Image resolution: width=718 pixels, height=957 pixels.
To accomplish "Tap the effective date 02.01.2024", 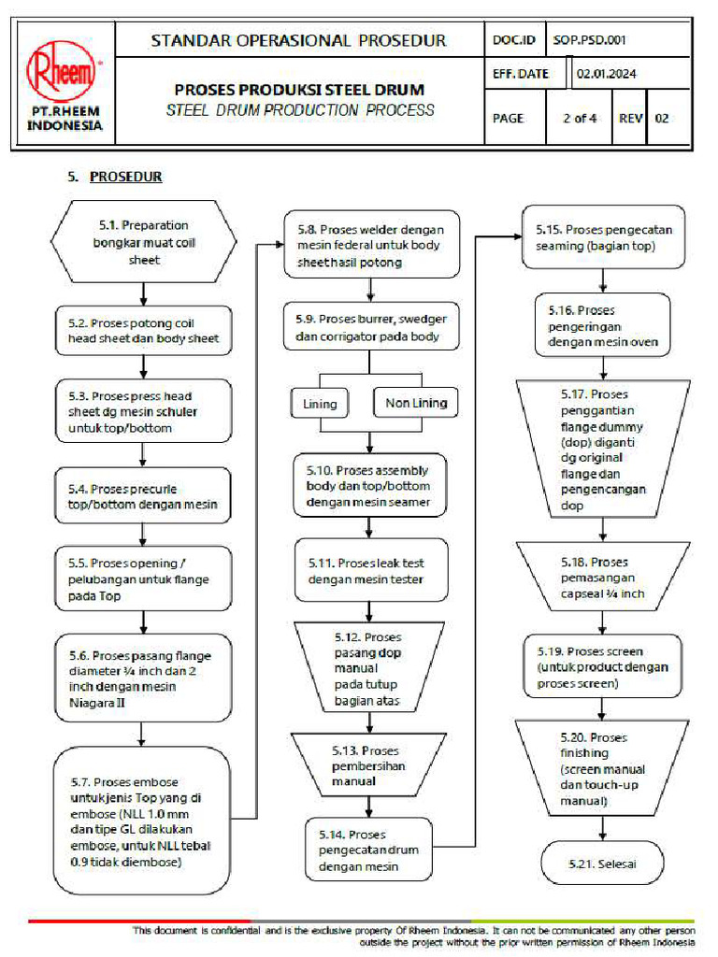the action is [x=606, y=74].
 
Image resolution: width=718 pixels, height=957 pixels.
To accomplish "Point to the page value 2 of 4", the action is [x=579, y=119].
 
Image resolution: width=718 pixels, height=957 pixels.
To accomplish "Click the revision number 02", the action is [x=662, y=119].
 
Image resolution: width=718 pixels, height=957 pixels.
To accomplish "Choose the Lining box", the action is [x=320, y=405].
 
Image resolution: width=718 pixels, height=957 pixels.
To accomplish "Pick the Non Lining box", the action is [x=416, y=404].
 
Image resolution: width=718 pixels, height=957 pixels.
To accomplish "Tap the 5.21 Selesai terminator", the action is [x=602, y=864].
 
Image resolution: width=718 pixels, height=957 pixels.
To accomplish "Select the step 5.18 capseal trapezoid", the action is [x=602, y=578].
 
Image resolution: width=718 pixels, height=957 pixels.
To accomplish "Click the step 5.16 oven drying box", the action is [x=603, y=325].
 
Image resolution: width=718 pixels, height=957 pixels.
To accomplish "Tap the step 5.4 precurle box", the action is [x=142, y=496].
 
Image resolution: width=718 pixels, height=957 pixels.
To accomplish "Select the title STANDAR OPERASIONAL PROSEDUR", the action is [x=298, y=40].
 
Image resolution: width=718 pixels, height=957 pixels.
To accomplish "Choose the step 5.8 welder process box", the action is [x=371, y=245].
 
